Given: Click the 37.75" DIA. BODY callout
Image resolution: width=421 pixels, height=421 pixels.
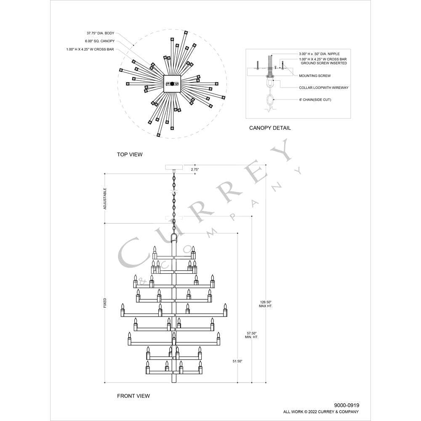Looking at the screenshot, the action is coord(100,33).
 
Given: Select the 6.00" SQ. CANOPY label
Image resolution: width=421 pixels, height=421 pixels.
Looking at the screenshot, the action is coord(100,41).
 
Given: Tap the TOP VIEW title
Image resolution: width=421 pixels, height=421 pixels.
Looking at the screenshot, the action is coord(130,155).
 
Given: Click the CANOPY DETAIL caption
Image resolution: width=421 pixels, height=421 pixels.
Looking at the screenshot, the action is coord(270,128).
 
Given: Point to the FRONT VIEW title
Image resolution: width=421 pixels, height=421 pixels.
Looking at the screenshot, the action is coord(133,396).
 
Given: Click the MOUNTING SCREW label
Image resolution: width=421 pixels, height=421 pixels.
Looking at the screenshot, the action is coord(314,76).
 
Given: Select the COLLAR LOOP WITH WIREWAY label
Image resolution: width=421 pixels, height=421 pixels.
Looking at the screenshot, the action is coord(323,88).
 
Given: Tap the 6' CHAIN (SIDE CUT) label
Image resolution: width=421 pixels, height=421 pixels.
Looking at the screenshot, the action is coord(315,100).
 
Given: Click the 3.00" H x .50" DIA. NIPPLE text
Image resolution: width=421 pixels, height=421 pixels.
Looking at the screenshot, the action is coord(319,54).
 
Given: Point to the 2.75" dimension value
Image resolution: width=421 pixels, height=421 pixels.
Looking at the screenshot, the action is coord(195,169).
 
